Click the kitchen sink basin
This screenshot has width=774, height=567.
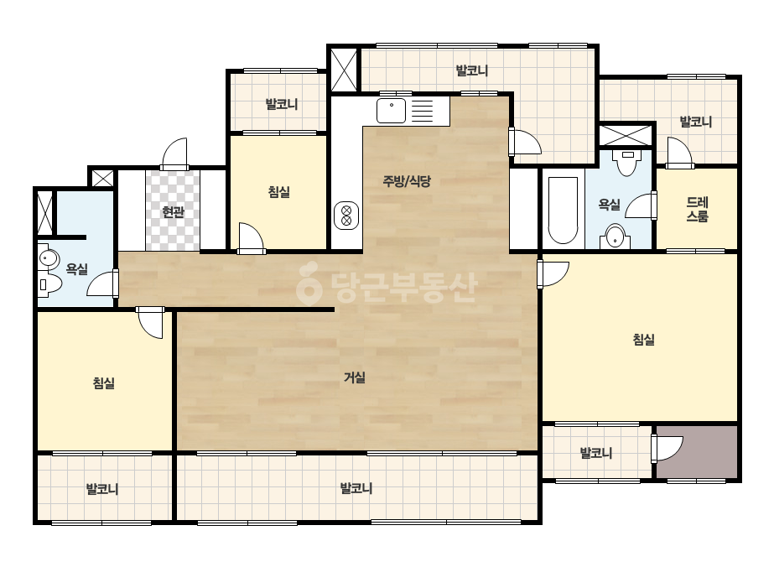tap(391, 111)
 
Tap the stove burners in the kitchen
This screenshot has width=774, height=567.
tap(346, 216)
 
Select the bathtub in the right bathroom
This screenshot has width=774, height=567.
tap(563, 211)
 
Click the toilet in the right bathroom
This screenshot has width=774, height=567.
tap(627, 163)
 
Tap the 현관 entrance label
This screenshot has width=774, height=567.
tap(174, 212)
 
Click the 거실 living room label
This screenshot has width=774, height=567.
tap(355, 377)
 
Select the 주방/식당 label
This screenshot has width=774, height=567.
tap(407, 181)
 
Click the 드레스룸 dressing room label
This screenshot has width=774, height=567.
tap(697, 210)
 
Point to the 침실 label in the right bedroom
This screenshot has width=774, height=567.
tap(643, 340)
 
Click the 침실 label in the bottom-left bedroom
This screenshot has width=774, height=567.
tap(104, 383)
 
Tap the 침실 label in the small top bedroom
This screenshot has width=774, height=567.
tap(279, 192)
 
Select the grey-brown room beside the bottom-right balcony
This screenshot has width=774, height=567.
tap(697, 452)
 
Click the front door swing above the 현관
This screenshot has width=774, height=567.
tap(174, 154)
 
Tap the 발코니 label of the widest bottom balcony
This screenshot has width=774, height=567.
tap(356, 488)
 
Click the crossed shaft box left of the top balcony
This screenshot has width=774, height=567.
tap(344, 69)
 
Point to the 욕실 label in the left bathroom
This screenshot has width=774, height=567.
tap(76, 269)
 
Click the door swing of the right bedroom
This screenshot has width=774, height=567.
tap(553, 274)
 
